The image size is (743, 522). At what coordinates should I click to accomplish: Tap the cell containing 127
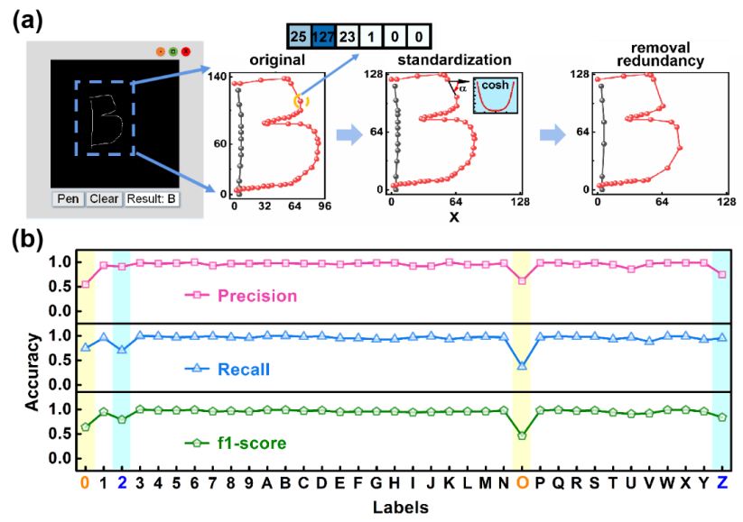(324, 36)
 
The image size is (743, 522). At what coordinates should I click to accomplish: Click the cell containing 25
(298, 36)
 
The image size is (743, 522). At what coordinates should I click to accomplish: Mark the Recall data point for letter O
(522, 365)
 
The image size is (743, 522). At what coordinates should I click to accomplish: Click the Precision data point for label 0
(85, 284)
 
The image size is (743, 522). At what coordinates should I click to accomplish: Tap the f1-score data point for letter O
(522, 435)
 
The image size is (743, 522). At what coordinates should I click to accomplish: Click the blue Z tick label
(722, 482)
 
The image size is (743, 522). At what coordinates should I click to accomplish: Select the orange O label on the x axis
(522, 482)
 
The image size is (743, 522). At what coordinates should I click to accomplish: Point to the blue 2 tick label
(122, 482)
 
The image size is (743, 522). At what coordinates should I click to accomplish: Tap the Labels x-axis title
(404, 507)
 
